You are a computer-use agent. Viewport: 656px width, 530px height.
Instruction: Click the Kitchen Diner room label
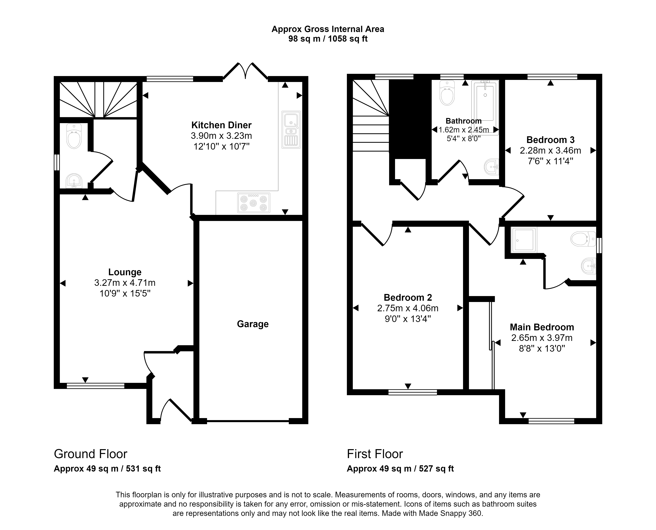221,125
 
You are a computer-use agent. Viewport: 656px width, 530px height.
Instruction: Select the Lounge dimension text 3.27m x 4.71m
125,283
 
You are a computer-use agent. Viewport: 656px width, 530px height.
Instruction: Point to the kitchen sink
291,129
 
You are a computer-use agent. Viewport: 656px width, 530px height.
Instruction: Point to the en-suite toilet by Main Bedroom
583,239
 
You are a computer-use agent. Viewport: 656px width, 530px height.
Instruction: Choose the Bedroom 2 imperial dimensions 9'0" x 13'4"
408,319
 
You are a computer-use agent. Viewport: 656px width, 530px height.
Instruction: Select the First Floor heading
375,454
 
